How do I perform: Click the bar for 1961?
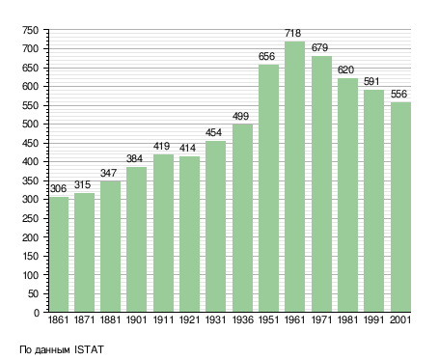(294, 177)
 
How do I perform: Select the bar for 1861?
(59, 255)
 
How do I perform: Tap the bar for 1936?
(242, 218)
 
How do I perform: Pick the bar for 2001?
(400, 208)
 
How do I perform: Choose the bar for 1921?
(189, 235)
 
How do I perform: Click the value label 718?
(293, 33)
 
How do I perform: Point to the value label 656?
(267, 56)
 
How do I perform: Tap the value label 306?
(58, 188)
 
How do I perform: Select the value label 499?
(240, 116)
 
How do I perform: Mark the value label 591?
(371, 82)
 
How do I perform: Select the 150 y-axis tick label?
(31, 257)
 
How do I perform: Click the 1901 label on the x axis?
(137, 320)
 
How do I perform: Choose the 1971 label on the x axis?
(321, 320)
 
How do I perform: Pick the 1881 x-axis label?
(110, 320)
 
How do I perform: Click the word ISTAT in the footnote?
(89, 349)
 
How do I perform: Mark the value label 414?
(187, 148)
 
